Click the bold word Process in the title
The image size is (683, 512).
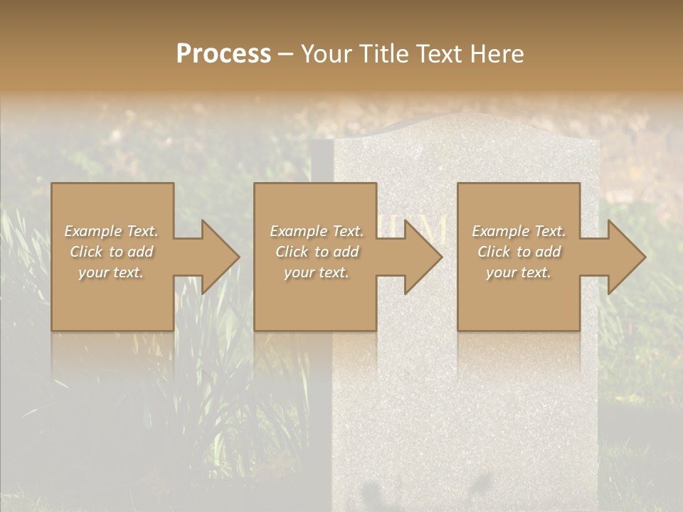(x=223, y=54)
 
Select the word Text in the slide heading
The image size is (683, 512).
(x=439, y=54)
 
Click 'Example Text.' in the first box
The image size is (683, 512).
(x=112, y=231)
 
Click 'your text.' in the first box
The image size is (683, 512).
(x=112, y=272)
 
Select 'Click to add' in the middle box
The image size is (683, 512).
(x=317, y=252)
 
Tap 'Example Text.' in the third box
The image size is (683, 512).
(x=519, y=231)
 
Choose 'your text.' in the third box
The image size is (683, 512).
(x=519, y=272)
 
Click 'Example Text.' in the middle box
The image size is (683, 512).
(x=317, y=231)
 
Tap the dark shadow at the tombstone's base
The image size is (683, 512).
(x=377, y=491)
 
